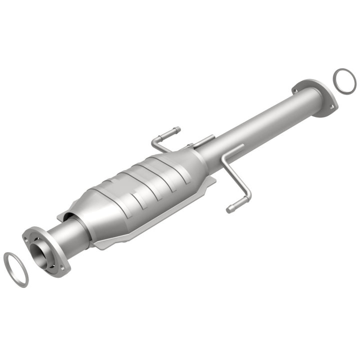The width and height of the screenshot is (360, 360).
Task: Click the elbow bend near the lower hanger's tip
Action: coord(247,194)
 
